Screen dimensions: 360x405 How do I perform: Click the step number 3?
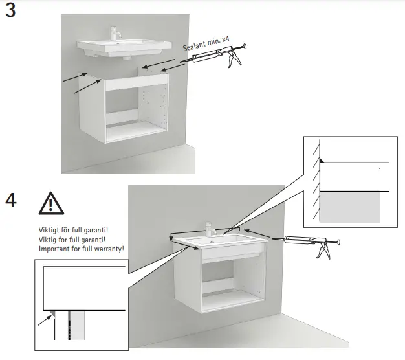pos(11,12)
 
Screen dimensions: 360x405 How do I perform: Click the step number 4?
pos(11,200)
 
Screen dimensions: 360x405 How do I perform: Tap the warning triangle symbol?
pos(50,203)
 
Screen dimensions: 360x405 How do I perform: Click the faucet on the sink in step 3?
pos(116,34)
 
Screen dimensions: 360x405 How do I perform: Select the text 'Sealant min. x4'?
pos(207,47)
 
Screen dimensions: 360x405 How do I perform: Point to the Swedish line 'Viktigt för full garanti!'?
pos(73,230)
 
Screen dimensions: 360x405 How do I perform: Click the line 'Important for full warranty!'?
pos(81,249)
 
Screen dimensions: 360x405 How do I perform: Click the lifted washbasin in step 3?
pos(123,48)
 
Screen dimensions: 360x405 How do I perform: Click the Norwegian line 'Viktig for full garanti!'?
pos(72,240)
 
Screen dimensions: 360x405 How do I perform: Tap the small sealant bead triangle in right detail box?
pos(323,160)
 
